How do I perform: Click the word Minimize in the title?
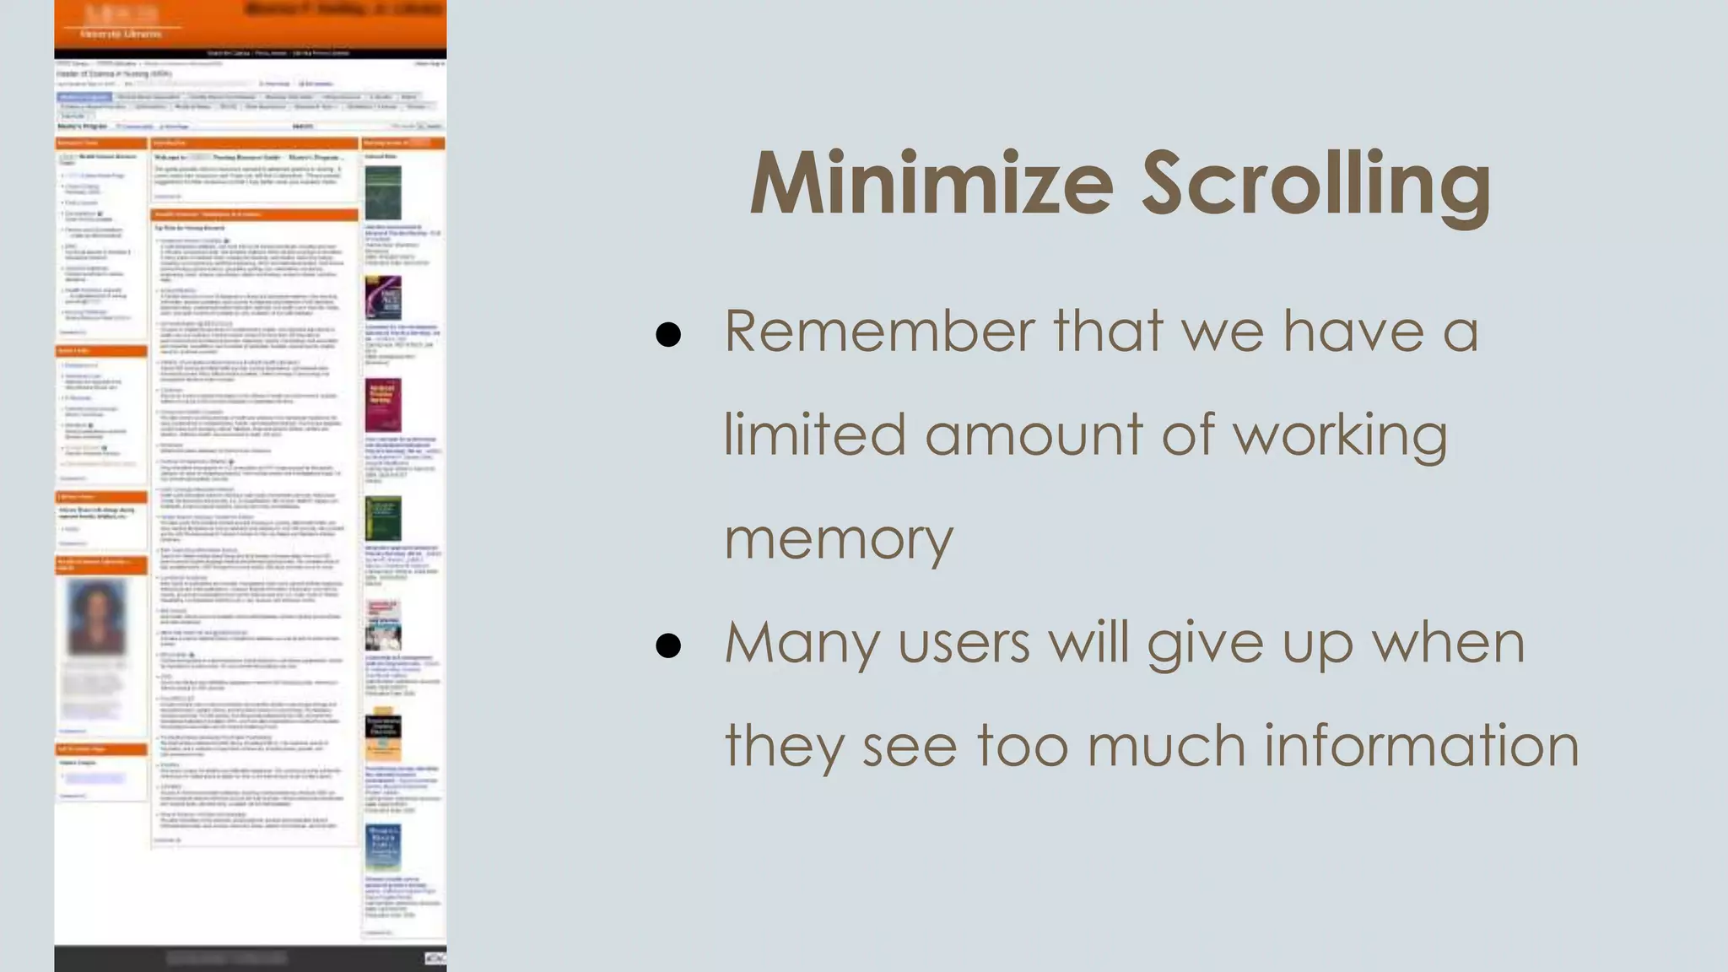[931, 185]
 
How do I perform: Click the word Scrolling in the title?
[1316, 185]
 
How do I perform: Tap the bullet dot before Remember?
[668, 335]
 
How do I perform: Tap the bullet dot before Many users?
[668, 645]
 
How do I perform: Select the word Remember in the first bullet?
[878, 331]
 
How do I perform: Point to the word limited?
[814, 435]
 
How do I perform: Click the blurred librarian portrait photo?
[96, 617]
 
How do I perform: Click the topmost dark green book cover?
[383, 193]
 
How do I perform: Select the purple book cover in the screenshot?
[383, 297]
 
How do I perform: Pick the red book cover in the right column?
[383, 405]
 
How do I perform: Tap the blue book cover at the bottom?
[383, 847]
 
